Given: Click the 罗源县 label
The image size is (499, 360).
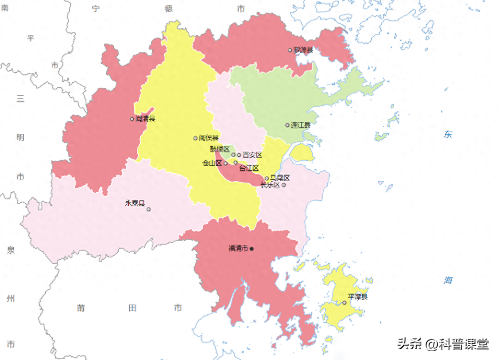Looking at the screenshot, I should [x=303, y=50].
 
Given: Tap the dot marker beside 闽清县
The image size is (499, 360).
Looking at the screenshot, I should [x=132, y=119].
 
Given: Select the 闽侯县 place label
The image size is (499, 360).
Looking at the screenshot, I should [x=209, y=138].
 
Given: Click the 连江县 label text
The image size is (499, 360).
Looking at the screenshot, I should [x=301, y=125].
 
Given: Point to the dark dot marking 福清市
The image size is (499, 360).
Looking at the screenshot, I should [x=252, y=249].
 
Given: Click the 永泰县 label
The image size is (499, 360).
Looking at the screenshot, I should [x=135, y=203].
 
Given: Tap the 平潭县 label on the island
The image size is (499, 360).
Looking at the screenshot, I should [x=357, y=297].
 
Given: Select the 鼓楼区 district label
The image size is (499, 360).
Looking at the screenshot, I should [x=220, y=149].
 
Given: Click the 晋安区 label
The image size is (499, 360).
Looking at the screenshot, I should [x=252, y=155].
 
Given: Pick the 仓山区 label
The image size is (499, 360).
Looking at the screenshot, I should [x=212, y=163].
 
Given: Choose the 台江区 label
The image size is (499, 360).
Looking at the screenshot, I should [x=249, y=168].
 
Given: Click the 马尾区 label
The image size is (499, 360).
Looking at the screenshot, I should [x=280, y=178].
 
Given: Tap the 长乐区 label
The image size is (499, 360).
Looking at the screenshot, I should [x=270, y=185].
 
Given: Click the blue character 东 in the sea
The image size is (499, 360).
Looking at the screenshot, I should [x=448, y=134].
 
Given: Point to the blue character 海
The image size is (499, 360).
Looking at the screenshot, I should [x=448, y=281].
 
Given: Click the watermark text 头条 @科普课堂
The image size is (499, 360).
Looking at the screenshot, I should [x=442, y=344].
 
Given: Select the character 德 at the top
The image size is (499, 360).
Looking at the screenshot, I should [x=169, y=8].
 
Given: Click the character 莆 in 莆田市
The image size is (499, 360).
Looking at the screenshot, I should [x=81, y=308].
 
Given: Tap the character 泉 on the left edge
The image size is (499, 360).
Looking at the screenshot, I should [x=10, y=250].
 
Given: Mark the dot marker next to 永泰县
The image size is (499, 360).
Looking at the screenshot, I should [x=148, y=209].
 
